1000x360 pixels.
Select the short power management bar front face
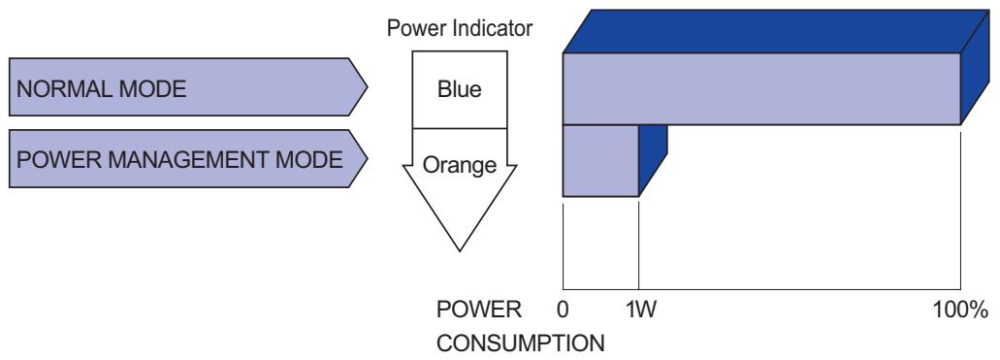[x=600, y=160]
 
